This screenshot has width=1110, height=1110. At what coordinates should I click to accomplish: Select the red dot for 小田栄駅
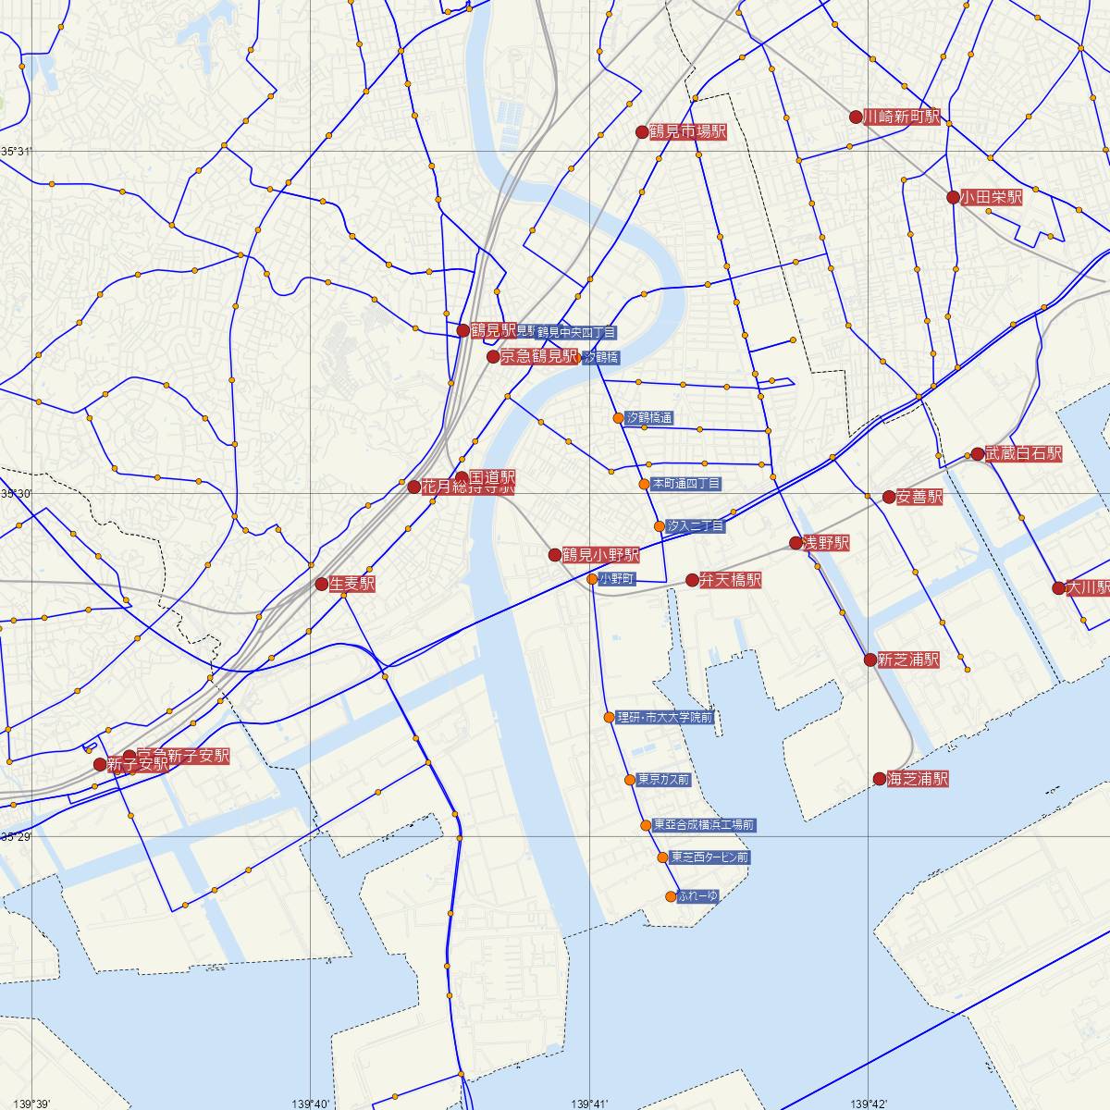point(953,197)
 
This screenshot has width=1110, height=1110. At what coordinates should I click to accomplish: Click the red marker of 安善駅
point(889,497)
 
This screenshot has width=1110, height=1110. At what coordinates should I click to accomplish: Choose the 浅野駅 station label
point(825,543)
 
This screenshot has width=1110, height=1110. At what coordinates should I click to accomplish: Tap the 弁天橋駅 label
point(730,580)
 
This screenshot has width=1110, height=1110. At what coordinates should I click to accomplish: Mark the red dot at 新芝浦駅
point(869,660)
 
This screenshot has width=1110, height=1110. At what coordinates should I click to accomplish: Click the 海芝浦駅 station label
point(917,779)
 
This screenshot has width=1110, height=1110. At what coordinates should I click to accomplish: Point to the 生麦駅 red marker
point(321,584)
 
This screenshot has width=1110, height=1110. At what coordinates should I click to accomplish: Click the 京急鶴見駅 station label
point(538,357)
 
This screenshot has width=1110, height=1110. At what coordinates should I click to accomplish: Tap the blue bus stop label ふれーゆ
point(697,896)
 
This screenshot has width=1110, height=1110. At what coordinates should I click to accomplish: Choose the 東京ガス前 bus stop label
point(663,780)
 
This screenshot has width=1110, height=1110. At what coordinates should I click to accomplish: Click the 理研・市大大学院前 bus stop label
point(664,717)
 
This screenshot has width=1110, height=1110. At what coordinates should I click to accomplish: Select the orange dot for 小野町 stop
point(592,579)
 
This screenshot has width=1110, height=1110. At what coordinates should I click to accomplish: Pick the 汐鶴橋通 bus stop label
point(649,418)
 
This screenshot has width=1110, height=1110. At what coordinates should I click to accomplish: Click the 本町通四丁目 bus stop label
point(686,483)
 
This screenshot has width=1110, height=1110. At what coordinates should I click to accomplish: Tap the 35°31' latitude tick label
point(16,151)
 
